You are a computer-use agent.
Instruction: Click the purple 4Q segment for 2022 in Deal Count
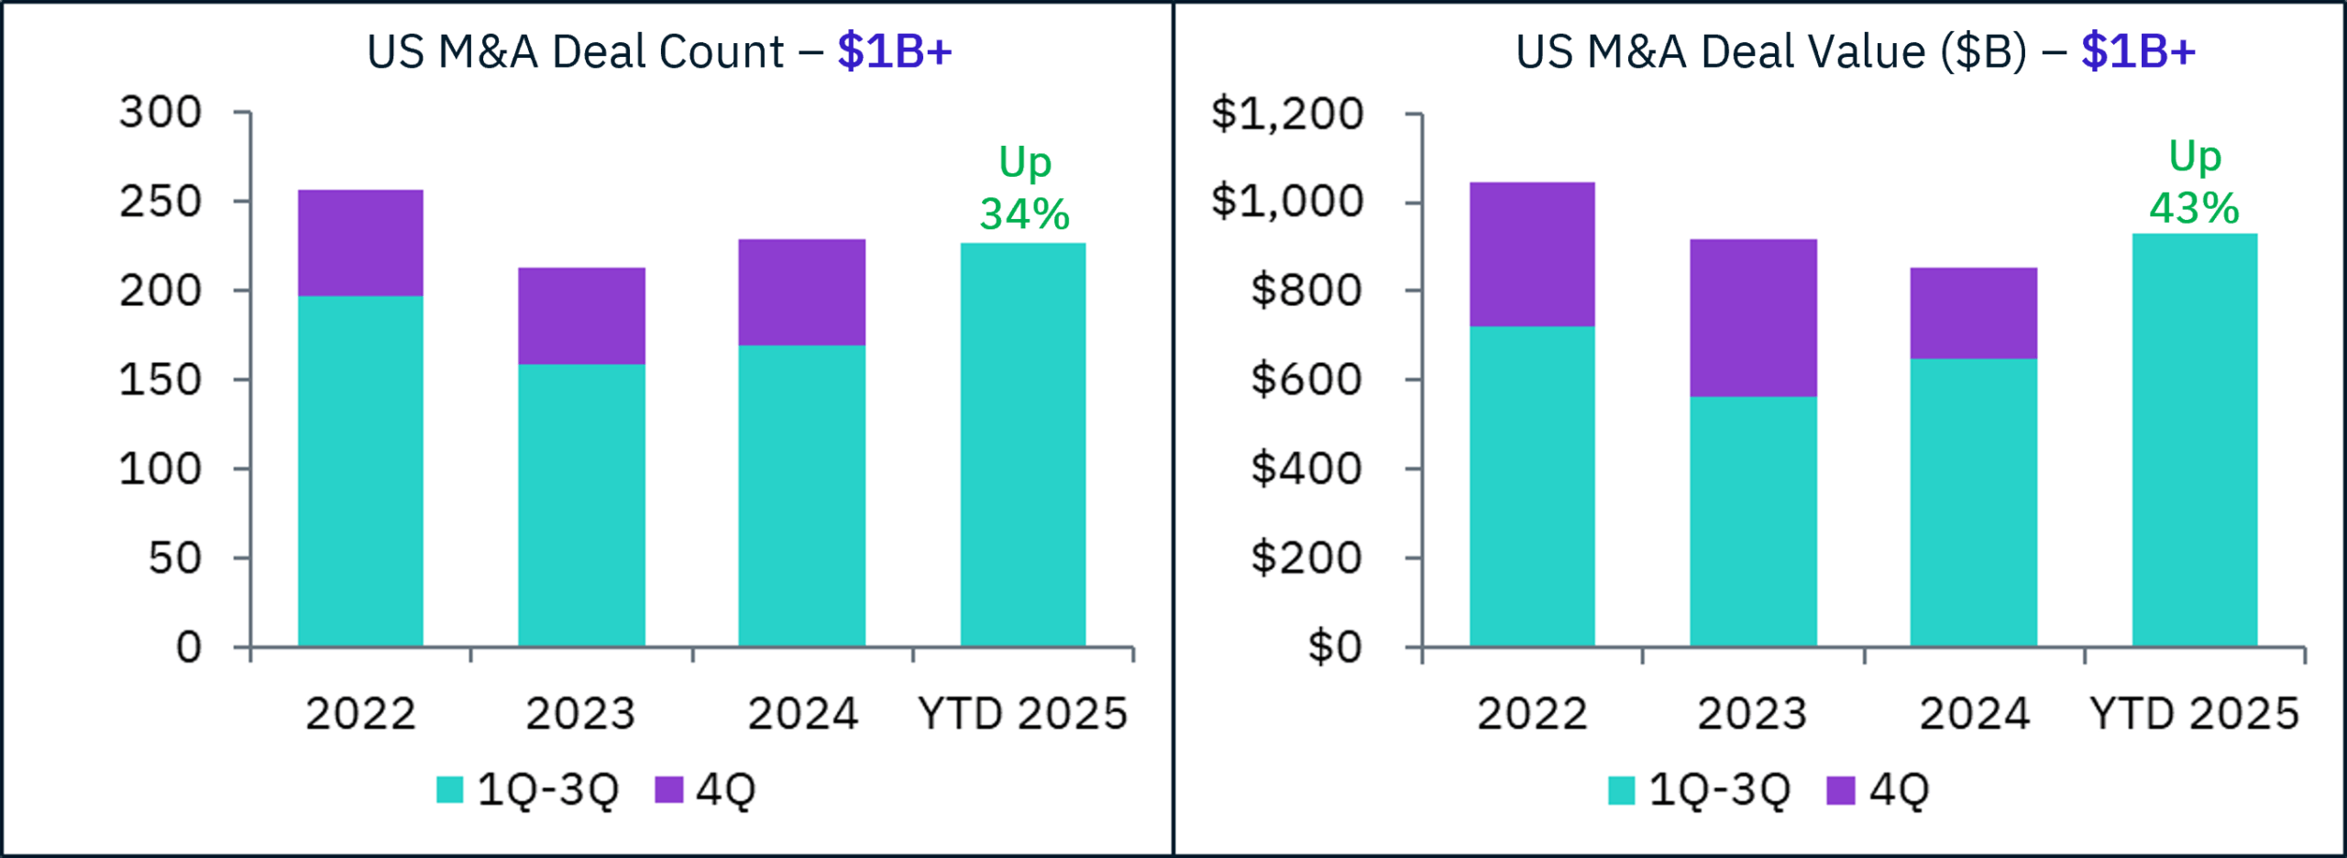tap(360, 243)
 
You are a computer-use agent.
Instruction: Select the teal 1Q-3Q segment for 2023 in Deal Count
tap(581, 505)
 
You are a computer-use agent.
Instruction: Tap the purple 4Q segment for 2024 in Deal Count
tap(801, 292)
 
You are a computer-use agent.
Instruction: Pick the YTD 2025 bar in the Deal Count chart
tap(1023, 445)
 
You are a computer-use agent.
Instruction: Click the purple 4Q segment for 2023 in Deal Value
tap(1753, 318)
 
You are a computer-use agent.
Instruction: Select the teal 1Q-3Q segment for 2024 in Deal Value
tap(1973, 502)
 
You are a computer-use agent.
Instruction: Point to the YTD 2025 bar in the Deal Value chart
tap(2195, 440)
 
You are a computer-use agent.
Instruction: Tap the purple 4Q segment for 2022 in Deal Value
tap(1532, 254)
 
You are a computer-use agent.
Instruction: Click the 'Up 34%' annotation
tap(1024, 189)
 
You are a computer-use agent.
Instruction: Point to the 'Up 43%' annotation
tap(2194, 182)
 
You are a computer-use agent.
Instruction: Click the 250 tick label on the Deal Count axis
tap(160, 202)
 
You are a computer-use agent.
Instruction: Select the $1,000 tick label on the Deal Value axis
tap(1287, 202)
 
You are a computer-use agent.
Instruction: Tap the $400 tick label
tap(1306, 469)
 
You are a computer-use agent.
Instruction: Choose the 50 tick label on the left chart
tap(175, 558)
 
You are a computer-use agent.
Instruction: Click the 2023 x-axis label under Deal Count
tap(580, 714)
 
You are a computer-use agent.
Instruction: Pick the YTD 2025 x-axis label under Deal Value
tap(2194, 714)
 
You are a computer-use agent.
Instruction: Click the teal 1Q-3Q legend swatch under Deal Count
tap(449, 789)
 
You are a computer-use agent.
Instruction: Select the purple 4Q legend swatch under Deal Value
tap(1840, 789)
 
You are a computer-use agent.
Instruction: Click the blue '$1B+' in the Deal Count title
tap(894, 51)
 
